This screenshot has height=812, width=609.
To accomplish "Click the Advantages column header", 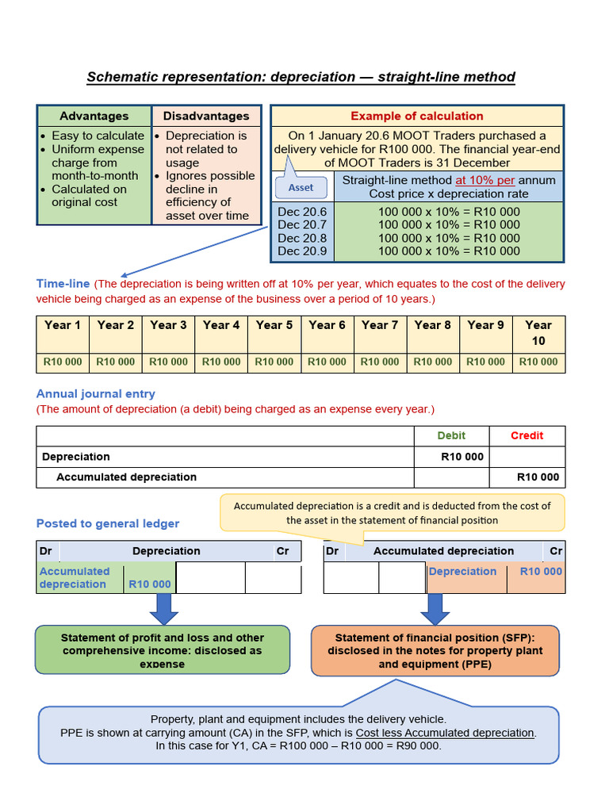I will (x=94, y=116).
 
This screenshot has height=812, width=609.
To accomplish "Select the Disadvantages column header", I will (x=206, y=116).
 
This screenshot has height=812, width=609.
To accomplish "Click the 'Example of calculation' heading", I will (x=417, y=116).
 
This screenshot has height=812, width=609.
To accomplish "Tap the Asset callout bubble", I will (x=301, y=188).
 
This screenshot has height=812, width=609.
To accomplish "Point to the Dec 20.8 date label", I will (x=302, y=238).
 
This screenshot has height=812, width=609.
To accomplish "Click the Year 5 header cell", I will (x=274, y=325).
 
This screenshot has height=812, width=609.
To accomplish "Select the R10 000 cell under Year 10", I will (x=538, y=362).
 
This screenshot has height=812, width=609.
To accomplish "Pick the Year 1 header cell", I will (x=63, y=325).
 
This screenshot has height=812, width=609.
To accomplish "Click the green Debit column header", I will (x=452, y=435).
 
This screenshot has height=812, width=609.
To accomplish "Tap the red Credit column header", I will (x=527, y=435).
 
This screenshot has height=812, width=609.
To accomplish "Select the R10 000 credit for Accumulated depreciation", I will (x=538, y=477).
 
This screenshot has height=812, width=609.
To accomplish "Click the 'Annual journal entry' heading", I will (x=96, y=394).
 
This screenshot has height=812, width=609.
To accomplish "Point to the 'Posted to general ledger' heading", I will (x=108, y=523).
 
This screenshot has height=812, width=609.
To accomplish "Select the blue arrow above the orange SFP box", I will (x=435, y=608).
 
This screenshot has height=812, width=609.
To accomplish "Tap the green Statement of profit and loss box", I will (x=163, y=650).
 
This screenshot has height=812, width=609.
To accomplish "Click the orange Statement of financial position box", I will (x=435, y=650).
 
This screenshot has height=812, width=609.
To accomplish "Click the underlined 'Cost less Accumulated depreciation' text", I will (x=446, y=733).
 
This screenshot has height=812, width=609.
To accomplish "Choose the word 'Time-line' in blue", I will (x=63, y=284).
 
